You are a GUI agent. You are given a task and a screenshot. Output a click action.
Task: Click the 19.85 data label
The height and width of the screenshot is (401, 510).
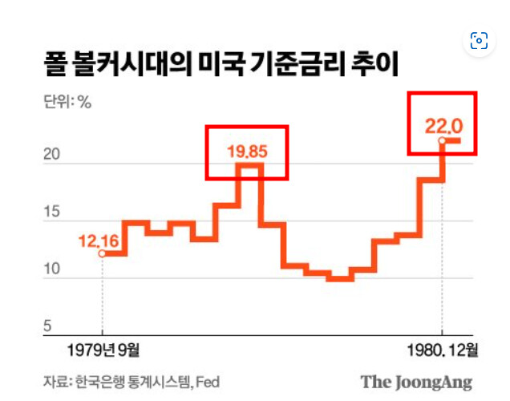coord(246,149)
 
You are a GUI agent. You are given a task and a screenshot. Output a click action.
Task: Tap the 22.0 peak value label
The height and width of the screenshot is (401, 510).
coord(444,126)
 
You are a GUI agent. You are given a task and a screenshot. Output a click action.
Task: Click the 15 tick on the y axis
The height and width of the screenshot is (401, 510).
coord(51,212)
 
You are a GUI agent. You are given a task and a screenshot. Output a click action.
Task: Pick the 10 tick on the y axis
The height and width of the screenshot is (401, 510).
coord(51,269)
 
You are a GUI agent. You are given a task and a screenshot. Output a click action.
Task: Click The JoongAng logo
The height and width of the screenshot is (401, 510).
coord(416,382)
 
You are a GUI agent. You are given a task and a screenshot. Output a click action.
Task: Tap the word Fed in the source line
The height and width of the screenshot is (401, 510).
coord(207,381)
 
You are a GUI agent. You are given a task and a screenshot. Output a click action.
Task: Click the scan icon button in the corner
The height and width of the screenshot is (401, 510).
coord(480,41)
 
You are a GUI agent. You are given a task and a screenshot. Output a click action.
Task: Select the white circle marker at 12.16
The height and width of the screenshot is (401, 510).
coord(102,253)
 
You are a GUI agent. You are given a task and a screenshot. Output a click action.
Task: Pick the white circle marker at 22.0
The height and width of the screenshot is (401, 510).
coord(442,141)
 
